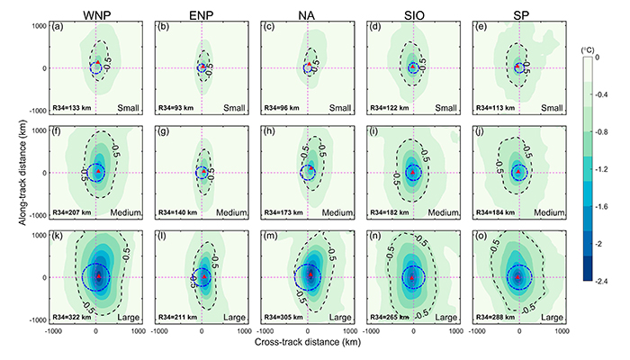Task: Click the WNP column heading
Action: (x=94, y=12)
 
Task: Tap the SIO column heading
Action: (x=412, y=12)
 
